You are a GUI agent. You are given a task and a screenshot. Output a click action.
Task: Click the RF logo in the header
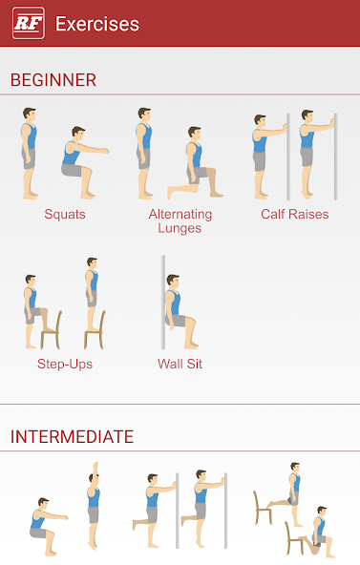[x=29, y=24]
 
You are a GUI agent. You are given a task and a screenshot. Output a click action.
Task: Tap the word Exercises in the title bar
[x=97, y=24]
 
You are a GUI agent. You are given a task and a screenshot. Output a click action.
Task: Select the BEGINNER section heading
[x=53, y=80]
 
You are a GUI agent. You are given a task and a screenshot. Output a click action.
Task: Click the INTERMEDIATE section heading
[x=72, y=437]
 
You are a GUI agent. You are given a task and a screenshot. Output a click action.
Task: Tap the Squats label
[x=65, y=215]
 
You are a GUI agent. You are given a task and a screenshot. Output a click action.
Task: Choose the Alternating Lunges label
[x=180, y=221]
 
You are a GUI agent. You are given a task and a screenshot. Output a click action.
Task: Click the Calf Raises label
[x=294, y=215]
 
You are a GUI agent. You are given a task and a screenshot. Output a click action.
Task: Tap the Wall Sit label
[x=180, y=364]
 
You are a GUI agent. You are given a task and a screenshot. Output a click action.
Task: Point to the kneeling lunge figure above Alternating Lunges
[x=194, y=164]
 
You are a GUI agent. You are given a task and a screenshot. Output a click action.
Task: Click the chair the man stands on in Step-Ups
[x=95, y=328]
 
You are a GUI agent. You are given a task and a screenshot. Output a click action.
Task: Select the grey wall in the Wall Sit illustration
[x=163, y=301]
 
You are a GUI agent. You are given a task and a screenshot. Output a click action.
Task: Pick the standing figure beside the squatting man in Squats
[x=30, y=152]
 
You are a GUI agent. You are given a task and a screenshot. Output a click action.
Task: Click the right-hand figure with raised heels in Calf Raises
[x=307, y=149]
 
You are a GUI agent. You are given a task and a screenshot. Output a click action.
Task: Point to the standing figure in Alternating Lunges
[x=144, y=152]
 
